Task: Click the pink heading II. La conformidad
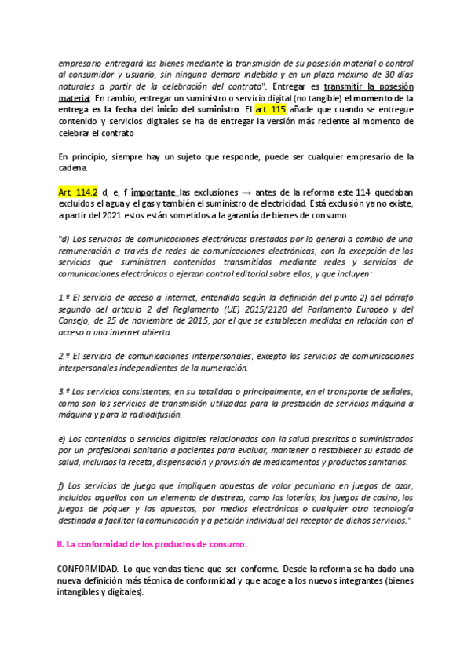[x=152, y=544]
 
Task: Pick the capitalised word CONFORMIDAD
[x=87, y=568]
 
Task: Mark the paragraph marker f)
[x=63, y=485]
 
